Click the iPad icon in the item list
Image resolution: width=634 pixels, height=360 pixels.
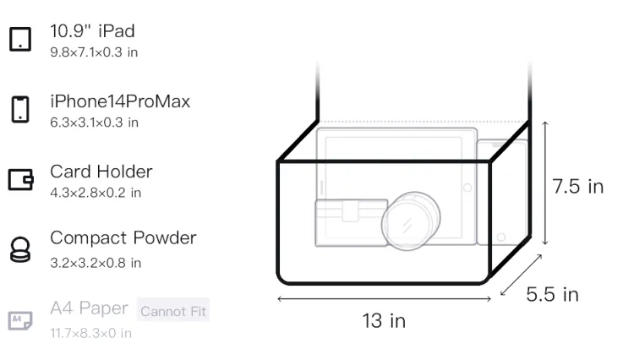[x=20, y=39]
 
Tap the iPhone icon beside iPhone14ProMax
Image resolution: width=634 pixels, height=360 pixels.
[x=20, y=109]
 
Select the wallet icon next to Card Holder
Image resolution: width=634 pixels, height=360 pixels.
[x=20, y=179]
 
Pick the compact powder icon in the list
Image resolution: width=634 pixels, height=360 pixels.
[x=19, y=249]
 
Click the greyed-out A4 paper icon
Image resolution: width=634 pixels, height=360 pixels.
[x=20, y=320]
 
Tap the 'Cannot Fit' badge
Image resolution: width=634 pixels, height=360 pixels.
[x=173, y=311]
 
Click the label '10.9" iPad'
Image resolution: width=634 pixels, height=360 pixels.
[x=92, y=31]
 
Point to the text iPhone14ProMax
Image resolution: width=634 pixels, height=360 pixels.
[x=120, y=101]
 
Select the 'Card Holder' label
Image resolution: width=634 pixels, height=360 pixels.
[x=101, y=172]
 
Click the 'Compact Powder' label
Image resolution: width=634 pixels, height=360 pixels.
[x=123, y=238]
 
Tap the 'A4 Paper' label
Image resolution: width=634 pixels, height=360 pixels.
[x=89, y=308]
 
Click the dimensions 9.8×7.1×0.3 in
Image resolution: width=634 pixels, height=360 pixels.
[x=94, y=52]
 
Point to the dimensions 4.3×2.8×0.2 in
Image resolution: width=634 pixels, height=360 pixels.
[x=96, y=193]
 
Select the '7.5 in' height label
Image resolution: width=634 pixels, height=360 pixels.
[x=578, y=187]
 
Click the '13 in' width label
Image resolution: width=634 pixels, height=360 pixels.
[x=384, y=321]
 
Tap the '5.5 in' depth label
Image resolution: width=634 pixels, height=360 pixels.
[x=552, y=294]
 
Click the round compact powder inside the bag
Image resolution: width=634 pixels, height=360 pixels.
[x=411, y=221]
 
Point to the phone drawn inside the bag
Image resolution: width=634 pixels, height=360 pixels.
[x=502, y=193]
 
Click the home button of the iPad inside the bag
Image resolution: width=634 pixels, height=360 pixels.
[x=467, y=188]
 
